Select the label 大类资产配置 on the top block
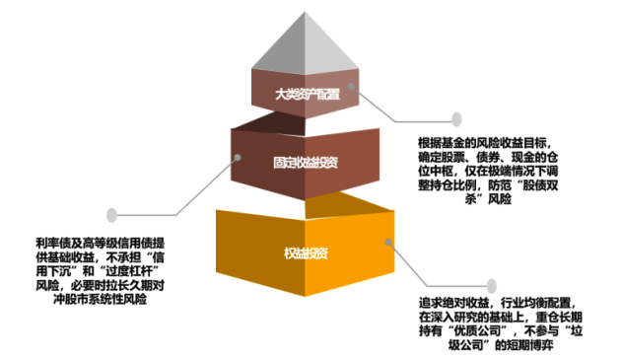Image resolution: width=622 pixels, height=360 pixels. click(307, 95)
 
